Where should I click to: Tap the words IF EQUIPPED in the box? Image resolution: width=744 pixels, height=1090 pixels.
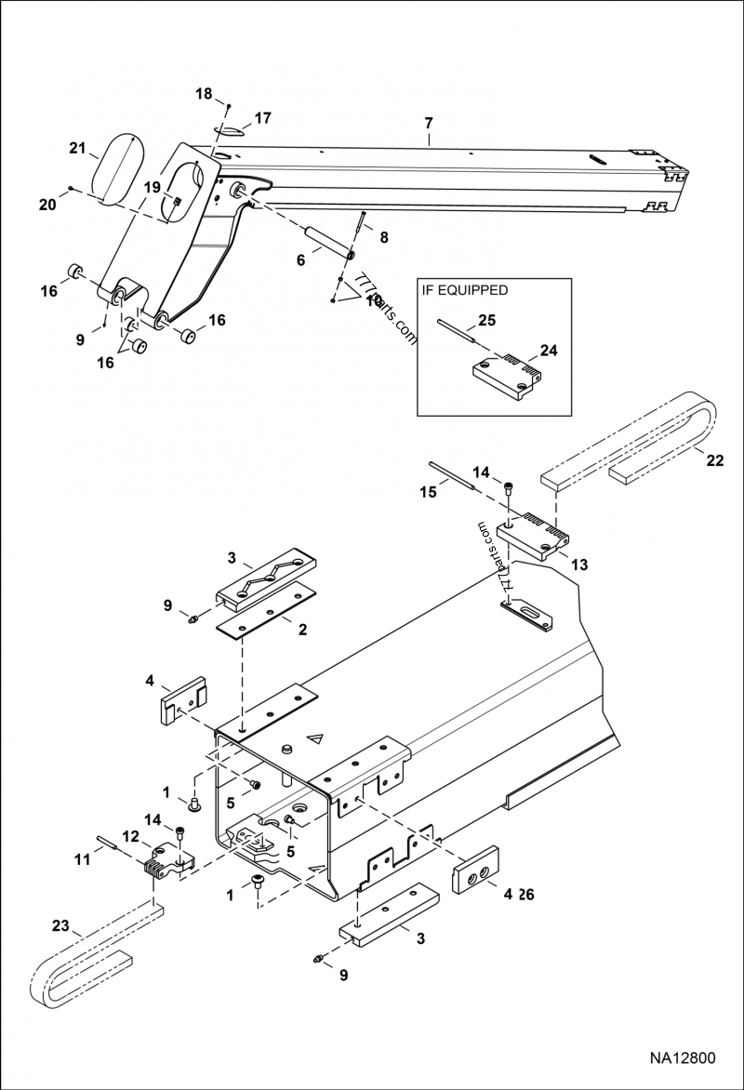coord(465,290)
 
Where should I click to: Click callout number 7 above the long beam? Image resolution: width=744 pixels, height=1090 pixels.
coord(429,123)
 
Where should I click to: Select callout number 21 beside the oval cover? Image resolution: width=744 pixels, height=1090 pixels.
coord(78,148)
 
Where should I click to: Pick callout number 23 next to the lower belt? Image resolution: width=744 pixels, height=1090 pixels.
coord(60,925)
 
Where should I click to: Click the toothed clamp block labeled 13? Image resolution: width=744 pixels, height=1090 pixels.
coord(533,538)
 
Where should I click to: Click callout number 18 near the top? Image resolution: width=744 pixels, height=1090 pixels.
coord(204,94)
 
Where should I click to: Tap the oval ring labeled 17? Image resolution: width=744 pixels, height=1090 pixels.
coord(230,129)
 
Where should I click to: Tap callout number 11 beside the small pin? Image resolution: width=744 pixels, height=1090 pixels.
coord(83,860)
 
